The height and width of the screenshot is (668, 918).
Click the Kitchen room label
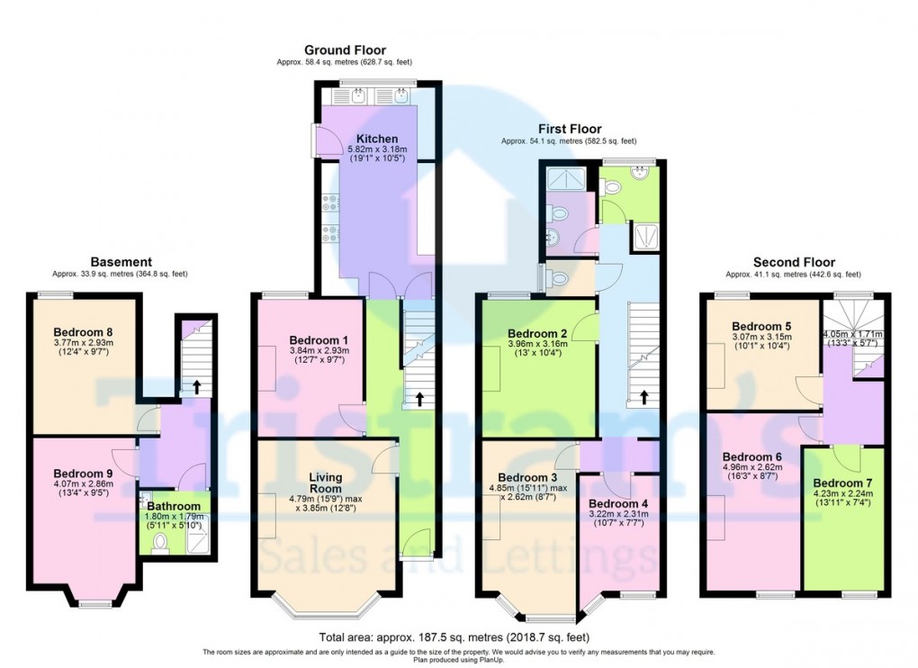click(377, 139)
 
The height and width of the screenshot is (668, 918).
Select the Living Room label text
click(326, 483)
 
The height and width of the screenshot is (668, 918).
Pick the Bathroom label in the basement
click(174, 507)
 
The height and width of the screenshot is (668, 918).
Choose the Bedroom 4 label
click(618, 504)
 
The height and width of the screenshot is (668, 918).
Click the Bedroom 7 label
click(842, 483)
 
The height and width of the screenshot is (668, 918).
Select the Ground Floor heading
click(345, 50)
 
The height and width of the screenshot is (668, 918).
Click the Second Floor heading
click(794, 262)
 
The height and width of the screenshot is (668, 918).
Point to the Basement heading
click(121, 262)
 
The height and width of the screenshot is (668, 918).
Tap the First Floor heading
click(570, 129)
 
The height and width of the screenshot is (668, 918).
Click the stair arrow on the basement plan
click(196, 387)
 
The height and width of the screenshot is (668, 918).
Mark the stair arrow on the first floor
click(644, 398)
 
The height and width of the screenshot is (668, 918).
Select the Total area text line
click(454, 637)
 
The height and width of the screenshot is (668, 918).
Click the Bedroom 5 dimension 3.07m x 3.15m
click(761, 337)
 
